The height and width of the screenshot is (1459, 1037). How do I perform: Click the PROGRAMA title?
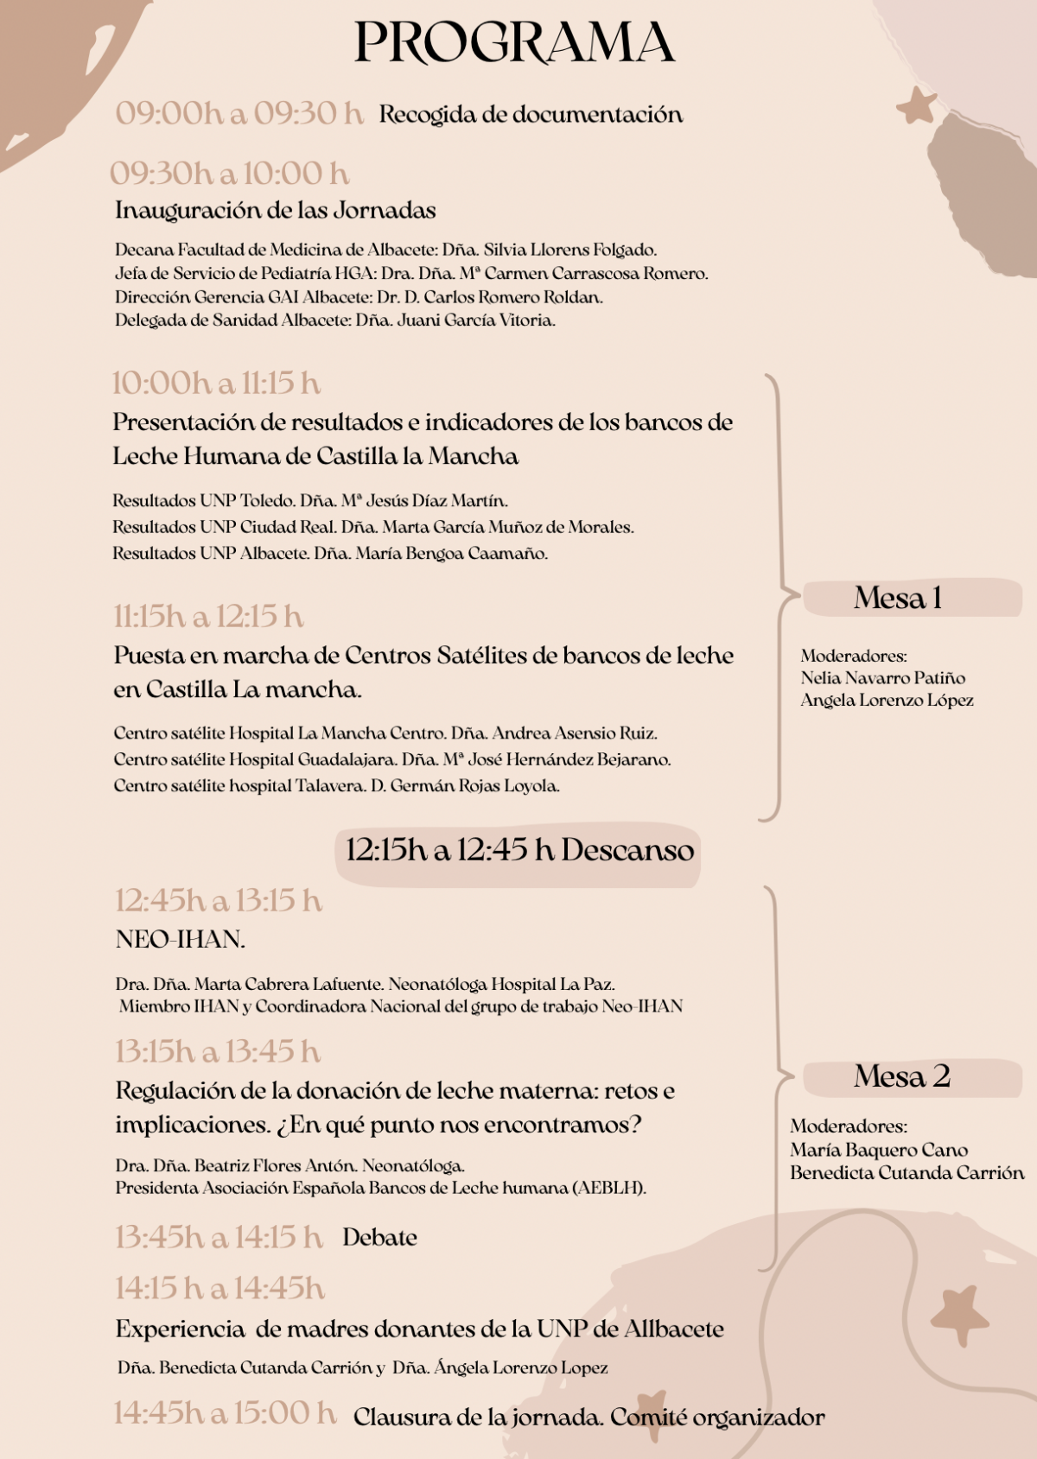point(514,42)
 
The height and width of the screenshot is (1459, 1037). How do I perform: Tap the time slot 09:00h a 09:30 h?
point(239,113)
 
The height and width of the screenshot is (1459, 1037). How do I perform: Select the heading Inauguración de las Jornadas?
point(275,210)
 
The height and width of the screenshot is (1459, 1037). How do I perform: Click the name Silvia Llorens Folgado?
point(569,250)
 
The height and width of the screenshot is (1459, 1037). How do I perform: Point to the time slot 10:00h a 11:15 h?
point(215,383)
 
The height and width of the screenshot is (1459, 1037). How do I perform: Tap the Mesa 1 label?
point(898,598)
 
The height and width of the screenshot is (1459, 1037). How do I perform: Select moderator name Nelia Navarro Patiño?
point(882,678)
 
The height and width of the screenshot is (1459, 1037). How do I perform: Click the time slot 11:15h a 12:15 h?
point(208,617)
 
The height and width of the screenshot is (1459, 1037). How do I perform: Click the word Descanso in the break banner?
point(627,850)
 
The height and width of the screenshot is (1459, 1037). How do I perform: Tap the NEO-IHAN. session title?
point(181,940)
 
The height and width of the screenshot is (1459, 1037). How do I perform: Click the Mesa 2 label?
point(902,1076)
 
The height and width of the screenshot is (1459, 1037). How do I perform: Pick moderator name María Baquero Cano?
point(878,1150)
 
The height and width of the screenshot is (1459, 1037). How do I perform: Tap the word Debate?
point(379,1238)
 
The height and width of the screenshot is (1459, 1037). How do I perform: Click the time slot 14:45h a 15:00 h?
point(225,1413)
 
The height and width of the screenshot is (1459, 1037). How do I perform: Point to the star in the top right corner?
point(917,106)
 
